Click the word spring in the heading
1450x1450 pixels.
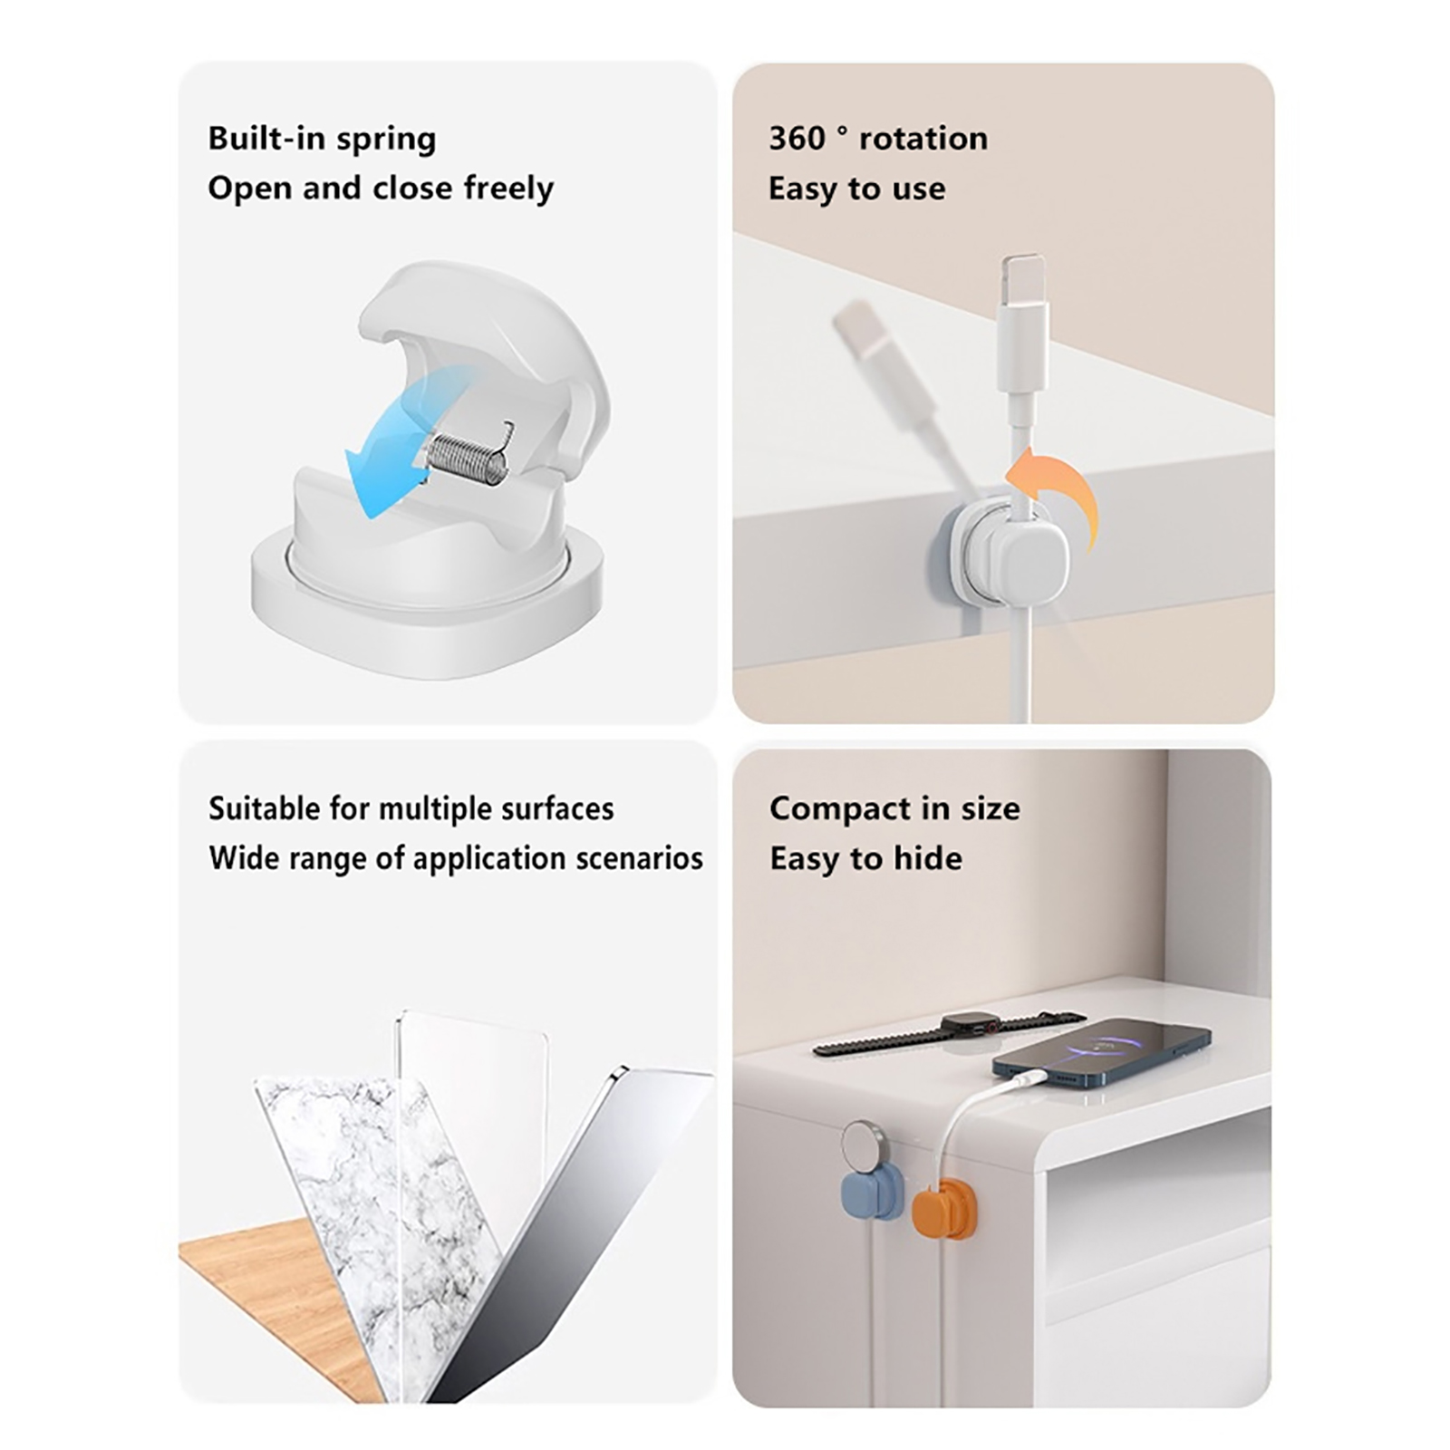click(x=387, y=140)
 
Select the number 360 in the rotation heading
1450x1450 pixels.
click(x=797, y=138)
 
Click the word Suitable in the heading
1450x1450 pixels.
click(x=264, y=807)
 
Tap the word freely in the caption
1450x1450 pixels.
click(x=508, y=188)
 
